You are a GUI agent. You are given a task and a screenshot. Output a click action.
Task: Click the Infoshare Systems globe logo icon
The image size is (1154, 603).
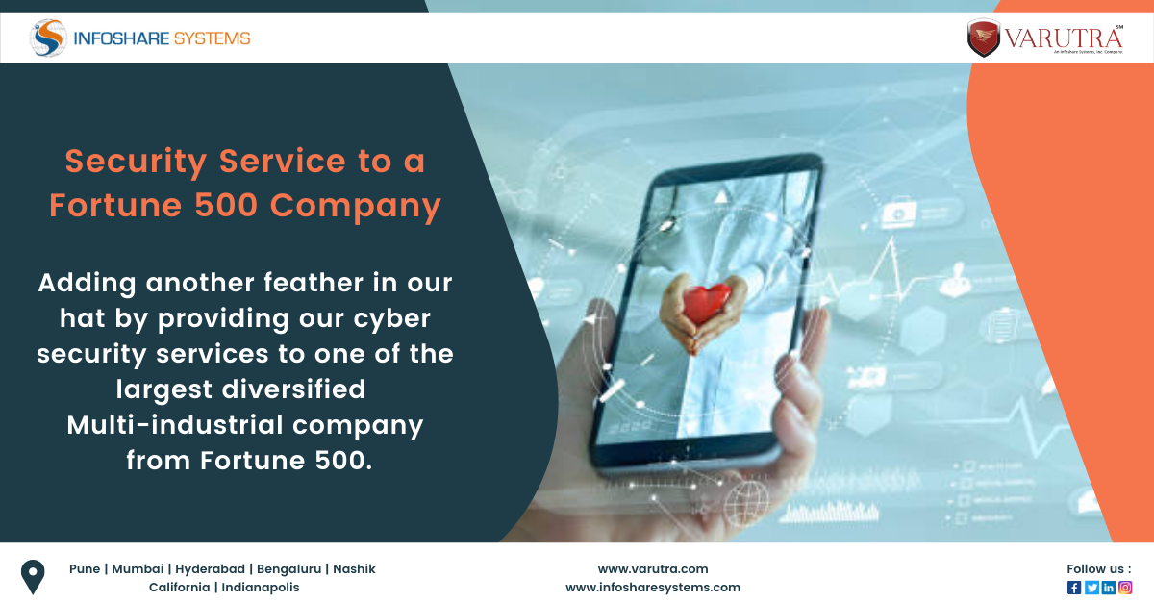[x=48, y=38]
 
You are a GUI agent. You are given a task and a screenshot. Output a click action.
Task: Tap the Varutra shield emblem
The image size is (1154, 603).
[x=984, y=38]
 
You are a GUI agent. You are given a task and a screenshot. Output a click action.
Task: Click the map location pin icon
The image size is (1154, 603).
[x=34, y=577]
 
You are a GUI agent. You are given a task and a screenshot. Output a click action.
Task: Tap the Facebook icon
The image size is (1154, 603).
[x=1074, y=588]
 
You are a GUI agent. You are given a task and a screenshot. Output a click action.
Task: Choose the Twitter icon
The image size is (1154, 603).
[x=1091, y=588]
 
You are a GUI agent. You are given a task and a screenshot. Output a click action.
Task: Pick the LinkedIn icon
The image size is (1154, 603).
[x=1109, y=588]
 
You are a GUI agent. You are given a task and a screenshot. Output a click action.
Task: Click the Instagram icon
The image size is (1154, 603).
[x=1125, y=588]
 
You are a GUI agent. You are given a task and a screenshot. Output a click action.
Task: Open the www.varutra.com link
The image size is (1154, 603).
[x=653, y=569]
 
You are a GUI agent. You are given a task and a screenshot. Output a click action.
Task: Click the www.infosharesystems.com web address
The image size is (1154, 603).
[x=653, y=588]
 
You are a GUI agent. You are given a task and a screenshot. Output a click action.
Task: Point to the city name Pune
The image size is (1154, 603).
[x=85, y=569]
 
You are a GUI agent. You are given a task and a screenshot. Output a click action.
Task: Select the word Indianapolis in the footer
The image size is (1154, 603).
[x=261, y=588]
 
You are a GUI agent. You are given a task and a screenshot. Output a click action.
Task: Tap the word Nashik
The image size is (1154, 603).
[x=354, y=569]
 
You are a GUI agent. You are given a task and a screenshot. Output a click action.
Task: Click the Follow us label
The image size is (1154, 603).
[x=1098, y=569]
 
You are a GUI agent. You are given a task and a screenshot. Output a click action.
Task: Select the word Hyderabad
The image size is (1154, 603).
[x=208, y=569]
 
